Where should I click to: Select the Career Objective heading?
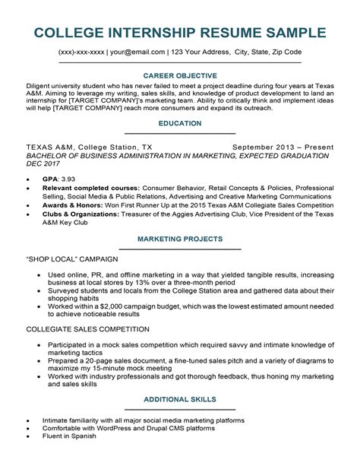coord(180,76)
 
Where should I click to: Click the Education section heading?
coord(180,122)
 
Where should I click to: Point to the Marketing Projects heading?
coord(180,239)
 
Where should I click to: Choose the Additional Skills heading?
coord(180,420)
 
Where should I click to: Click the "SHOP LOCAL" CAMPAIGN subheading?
coord(70,258)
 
